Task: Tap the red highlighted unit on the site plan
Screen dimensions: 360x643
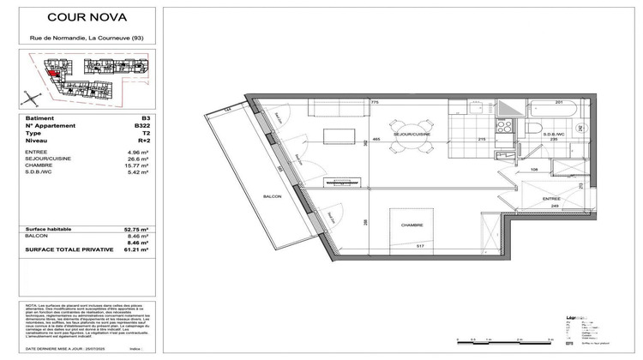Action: (x=54, y=75)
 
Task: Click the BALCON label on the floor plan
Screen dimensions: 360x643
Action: (x=272, y=195)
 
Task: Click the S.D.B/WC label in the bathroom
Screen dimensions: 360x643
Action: (x=555, y=135)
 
